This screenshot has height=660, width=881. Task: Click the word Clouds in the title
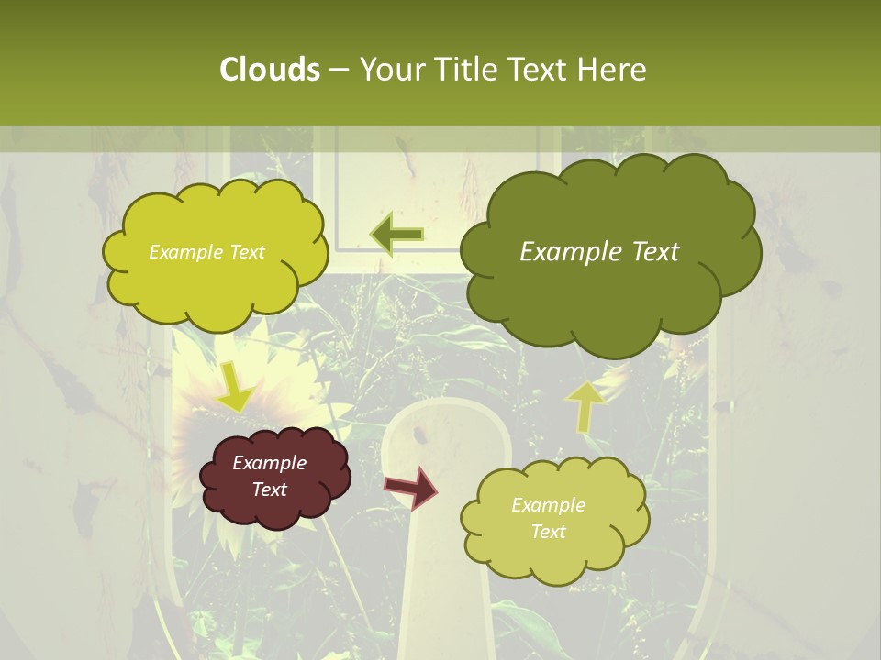[x=269, y=70]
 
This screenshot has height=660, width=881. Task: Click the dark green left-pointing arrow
[x=396, y=234]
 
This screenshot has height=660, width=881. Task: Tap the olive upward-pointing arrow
[x=585, y=404]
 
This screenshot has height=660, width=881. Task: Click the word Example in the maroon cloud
[x=269, y=463]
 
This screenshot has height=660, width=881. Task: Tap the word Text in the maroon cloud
[x=269, y=489]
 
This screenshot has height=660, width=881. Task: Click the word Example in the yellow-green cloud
[x=184, y=252]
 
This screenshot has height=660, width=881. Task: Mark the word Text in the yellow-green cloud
[x=245, y=252]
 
